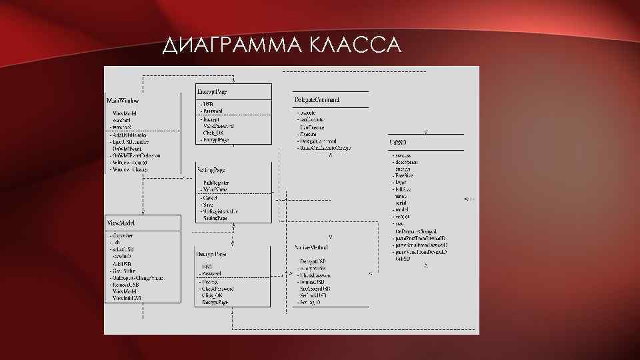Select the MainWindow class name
[123, 100]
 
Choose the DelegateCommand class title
[317, 100]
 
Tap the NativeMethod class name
[311, 247]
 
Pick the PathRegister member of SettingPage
[217, 182]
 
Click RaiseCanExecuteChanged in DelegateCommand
[326, 148]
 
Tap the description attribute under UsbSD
[407, 162]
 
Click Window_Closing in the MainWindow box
[131, 169]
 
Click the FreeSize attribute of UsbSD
[405, 175]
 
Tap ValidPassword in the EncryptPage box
[219, 125]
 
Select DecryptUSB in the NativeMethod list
[313, 261]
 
